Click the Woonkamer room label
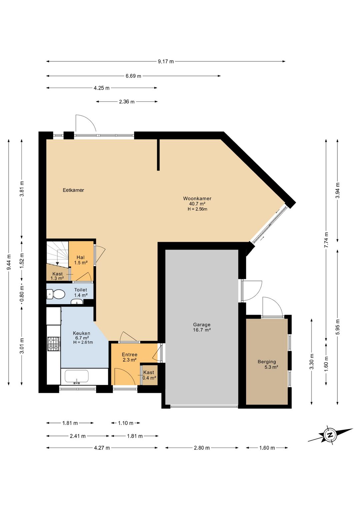(x=197, y=198)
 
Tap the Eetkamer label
(x=73, y=190)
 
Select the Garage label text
(x=202, y=325)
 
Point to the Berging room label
(x=267, y=362)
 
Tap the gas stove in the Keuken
(x=54, y=344)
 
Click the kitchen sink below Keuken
(x=77, y=377)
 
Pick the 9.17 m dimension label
(x=166, y=61)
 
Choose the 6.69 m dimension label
(x=133, y=76)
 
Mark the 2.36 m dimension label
(x=127, y=102)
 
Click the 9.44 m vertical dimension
(x=9, y=262)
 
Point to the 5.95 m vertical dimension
(x=338, y=327)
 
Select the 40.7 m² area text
(x=197, y=204)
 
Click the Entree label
(x=129, y=355)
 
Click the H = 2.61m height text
(x=83, y=342)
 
